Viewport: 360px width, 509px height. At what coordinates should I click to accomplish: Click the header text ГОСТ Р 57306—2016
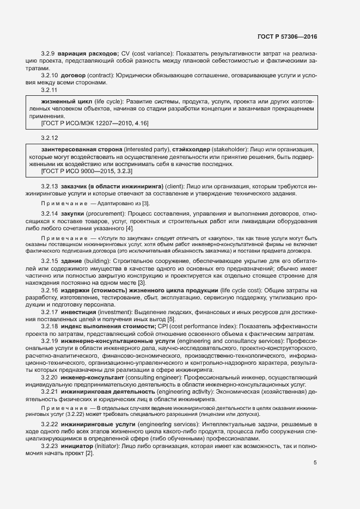286,36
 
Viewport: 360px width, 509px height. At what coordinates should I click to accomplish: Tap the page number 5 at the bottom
315,463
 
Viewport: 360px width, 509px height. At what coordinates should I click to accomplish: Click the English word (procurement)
111,214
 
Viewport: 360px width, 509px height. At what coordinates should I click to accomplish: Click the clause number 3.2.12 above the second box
50,138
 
